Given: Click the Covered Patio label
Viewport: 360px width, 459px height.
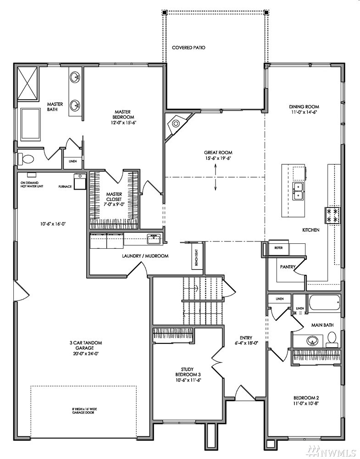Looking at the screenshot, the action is pyautogui.click(x=188, y=47).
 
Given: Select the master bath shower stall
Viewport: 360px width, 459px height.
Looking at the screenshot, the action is pyautogui.click(x=28, y=84).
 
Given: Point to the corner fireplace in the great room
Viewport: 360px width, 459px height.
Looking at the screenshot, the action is pyautogui.click(x=177, y=125).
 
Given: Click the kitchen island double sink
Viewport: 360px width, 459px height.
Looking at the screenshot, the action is pyautogui.click(x=298, y=191).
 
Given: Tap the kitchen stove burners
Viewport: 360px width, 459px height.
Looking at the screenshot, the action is pyautogui.click(x=332, y=215).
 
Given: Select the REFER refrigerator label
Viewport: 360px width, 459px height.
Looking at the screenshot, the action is pyautogui.click(x=278, y=248).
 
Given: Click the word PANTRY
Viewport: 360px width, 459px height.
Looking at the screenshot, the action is pyautogui.click(x=288, y=267).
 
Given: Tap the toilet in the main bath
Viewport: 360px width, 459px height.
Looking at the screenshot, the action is pyautogui.click(x=332, y=338).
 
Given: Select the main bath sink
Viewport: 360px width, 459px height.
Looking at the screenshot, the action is pyautogui.click(x=312, y=341).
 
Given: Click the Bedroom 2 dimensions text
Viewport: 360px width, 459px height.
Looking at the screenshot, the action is pyautogui.click(x=306, y=403).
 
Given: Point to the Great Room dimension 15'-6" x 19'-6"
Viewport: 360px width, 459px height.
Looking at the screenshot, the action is pyautogui.click(x=218, y=158).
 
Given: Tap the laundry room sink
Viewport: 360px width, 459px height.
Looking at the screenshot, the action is pyautogui.click(x=154, y=240).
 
